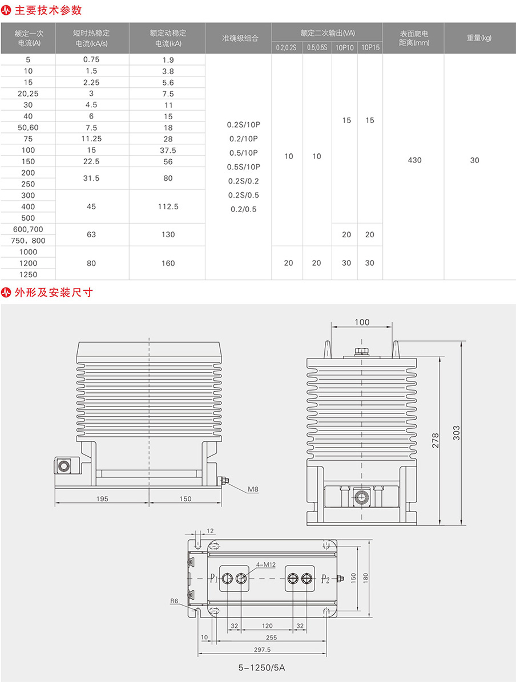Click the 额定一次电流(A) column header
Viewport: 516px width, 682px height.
point(29,38)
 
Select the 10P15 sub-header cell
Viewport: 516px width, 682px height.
point(370,47)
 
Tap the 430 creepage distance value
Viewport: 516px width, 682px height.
point(414,160)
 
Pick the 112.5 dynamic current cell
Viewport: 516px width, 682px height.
point(168,206)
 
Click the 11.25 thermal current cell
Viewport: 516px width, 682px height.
point(91,139)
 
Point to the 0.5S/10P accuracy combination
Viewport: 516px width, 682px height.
point(244,167)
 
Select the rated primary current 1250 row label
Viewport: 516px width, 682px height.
point(29,274)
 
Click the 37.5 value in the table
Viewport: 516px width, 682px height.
point(168,150)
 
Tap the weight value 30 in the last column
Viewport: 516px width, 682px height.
point(475,160)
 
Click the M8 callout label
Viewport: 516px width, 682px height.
point(253,489)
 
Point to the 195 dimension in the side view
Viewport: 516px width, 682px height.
point(102,499)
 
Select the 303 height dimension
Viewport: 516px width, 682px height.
point(456,433)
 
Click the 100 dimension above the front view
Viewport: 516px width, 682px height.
point(362,322)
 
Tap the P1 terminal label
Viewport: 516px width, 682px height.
point(213,578)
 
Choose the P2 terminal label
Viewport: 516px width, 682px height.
point(325,579)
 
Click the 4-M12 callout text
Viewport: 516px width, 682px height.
point(265,565)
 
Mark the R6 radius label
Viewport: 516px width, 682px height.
point(174,601)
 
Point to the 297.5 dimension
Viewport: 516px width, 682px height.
point(262,649)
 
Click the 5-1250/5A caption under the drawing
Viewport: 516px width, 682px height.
point(261,668)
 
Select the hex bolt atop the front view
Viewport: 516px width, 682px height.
point(360,351)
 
